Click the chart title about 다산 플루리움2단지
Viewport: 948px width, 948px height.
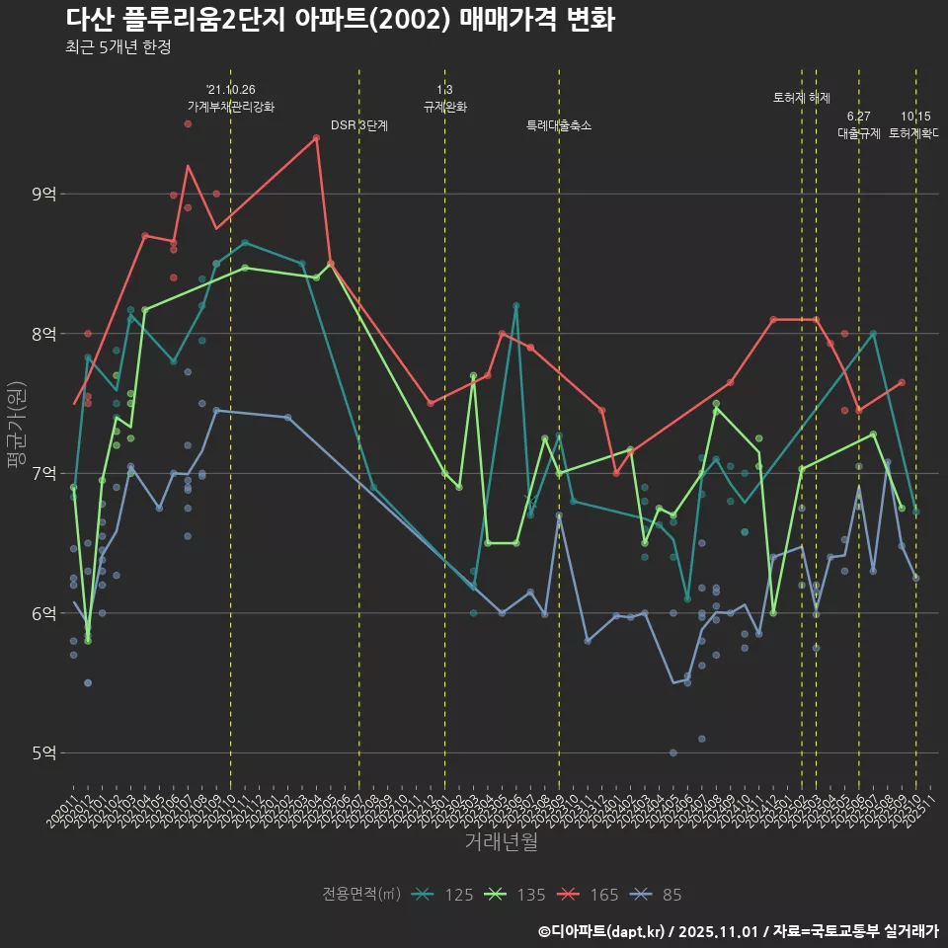coord(340,20)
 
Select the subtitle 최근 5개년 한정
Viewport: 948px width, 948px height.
coord(118,47)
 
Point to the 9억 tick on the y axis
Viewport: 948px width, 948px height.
coord(42,195)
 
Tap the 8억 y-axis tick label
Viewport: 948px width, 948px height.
coord(42,334)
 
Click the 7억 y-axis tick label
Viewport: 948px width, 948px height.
coord(42,474)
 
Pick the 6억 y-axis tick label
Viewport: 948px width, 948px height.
coord(42,613)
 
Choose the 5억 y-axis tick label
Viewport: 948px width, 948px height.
coord(42,753)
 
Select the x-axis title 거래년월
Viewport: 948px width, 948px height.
coord(501,842)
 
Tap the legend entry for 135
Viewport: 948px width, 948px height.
coord(515,895)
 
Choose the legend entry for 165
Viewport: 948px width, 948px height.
coord(589,895)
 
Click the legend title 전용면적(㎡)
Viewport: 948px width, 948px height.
coord(361,895)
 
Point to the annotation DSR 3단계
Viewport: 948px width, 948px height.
coord(359,125)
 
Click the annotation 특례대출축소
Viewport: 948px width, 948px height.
coord(559,125)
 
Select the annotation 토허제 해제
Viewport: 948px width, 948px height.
coord(801,98)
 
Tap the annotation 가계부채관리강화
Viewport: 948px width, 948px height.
coord(231,106)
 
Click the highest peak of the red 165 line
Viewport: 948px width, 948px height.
coord(316,138)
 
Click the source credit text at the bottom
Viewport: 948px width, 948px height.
coord(738,931)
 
